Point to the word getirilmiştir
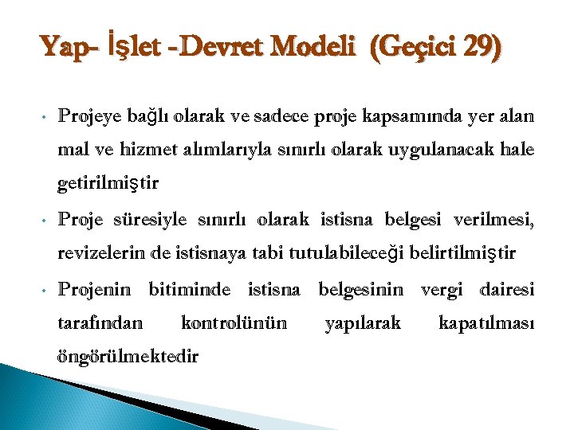[x=109, y=185]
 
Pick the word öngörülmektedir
[x=128, y=357]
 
